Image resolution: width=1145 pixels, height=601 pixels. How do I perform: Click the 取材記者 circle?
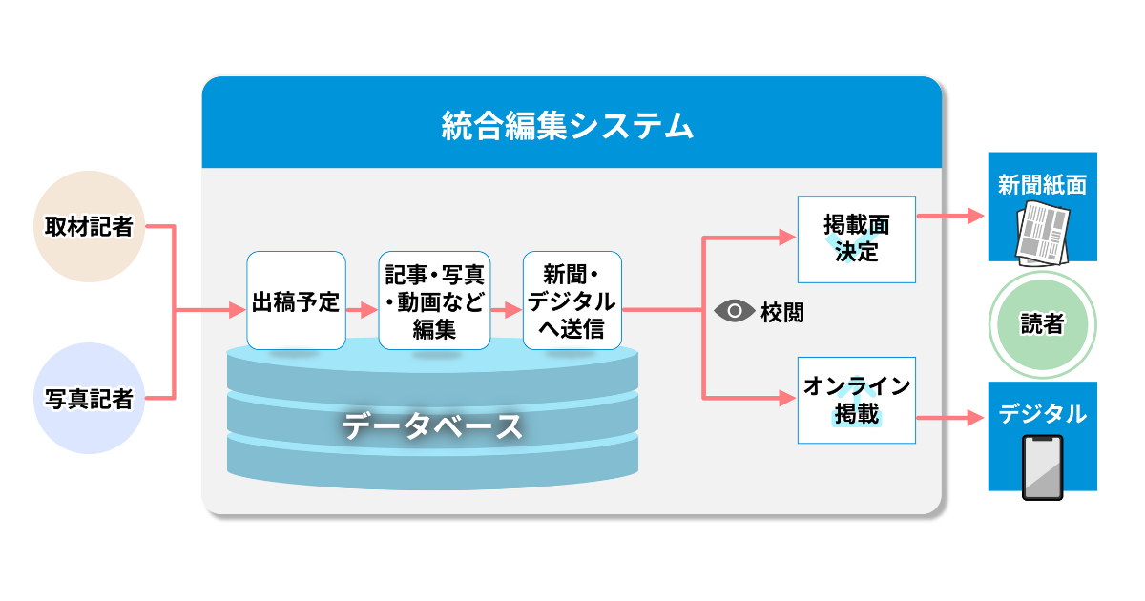click(x=89, y=227)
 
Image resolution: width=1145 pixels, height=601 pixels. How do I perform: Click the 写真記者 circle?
click(x=89, y=399)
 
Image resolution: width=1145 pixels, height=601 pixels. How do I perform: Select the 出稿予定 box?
click(x=296, y=301)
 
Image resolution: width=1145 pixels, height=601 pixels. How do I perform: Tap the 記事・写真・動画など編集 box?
click(x=434, y=301)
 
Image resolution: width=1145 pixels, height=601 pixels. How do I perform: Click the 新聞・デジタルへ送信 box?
click(x=572, y=301)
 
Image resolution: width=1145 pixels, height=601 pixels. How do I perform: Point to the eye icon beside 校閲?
click(x=734, y=311)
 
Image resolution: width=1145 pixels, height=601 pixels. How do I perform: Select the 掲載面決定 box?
click(x=856, y=238)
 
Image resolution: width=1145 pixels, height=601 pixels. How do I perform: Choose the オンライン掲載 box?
click(x=856, y=400)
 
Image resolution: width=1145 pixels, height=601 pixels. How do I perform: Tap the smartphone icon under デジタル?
click(x=1042, y=467)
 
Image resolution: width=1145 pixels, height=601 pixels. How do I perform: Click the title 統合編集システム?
click(x=568, y=125)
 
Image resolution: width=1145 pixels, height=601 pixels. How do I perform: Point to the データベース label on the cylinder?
click(x=432, y=425)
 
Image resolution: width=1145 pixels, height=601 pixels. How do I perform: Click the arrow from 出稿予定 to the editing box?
click(x=363, y=311)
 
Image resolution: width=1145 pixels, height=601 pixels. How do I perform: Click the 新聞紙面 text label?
click(x=1042, y=185)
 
